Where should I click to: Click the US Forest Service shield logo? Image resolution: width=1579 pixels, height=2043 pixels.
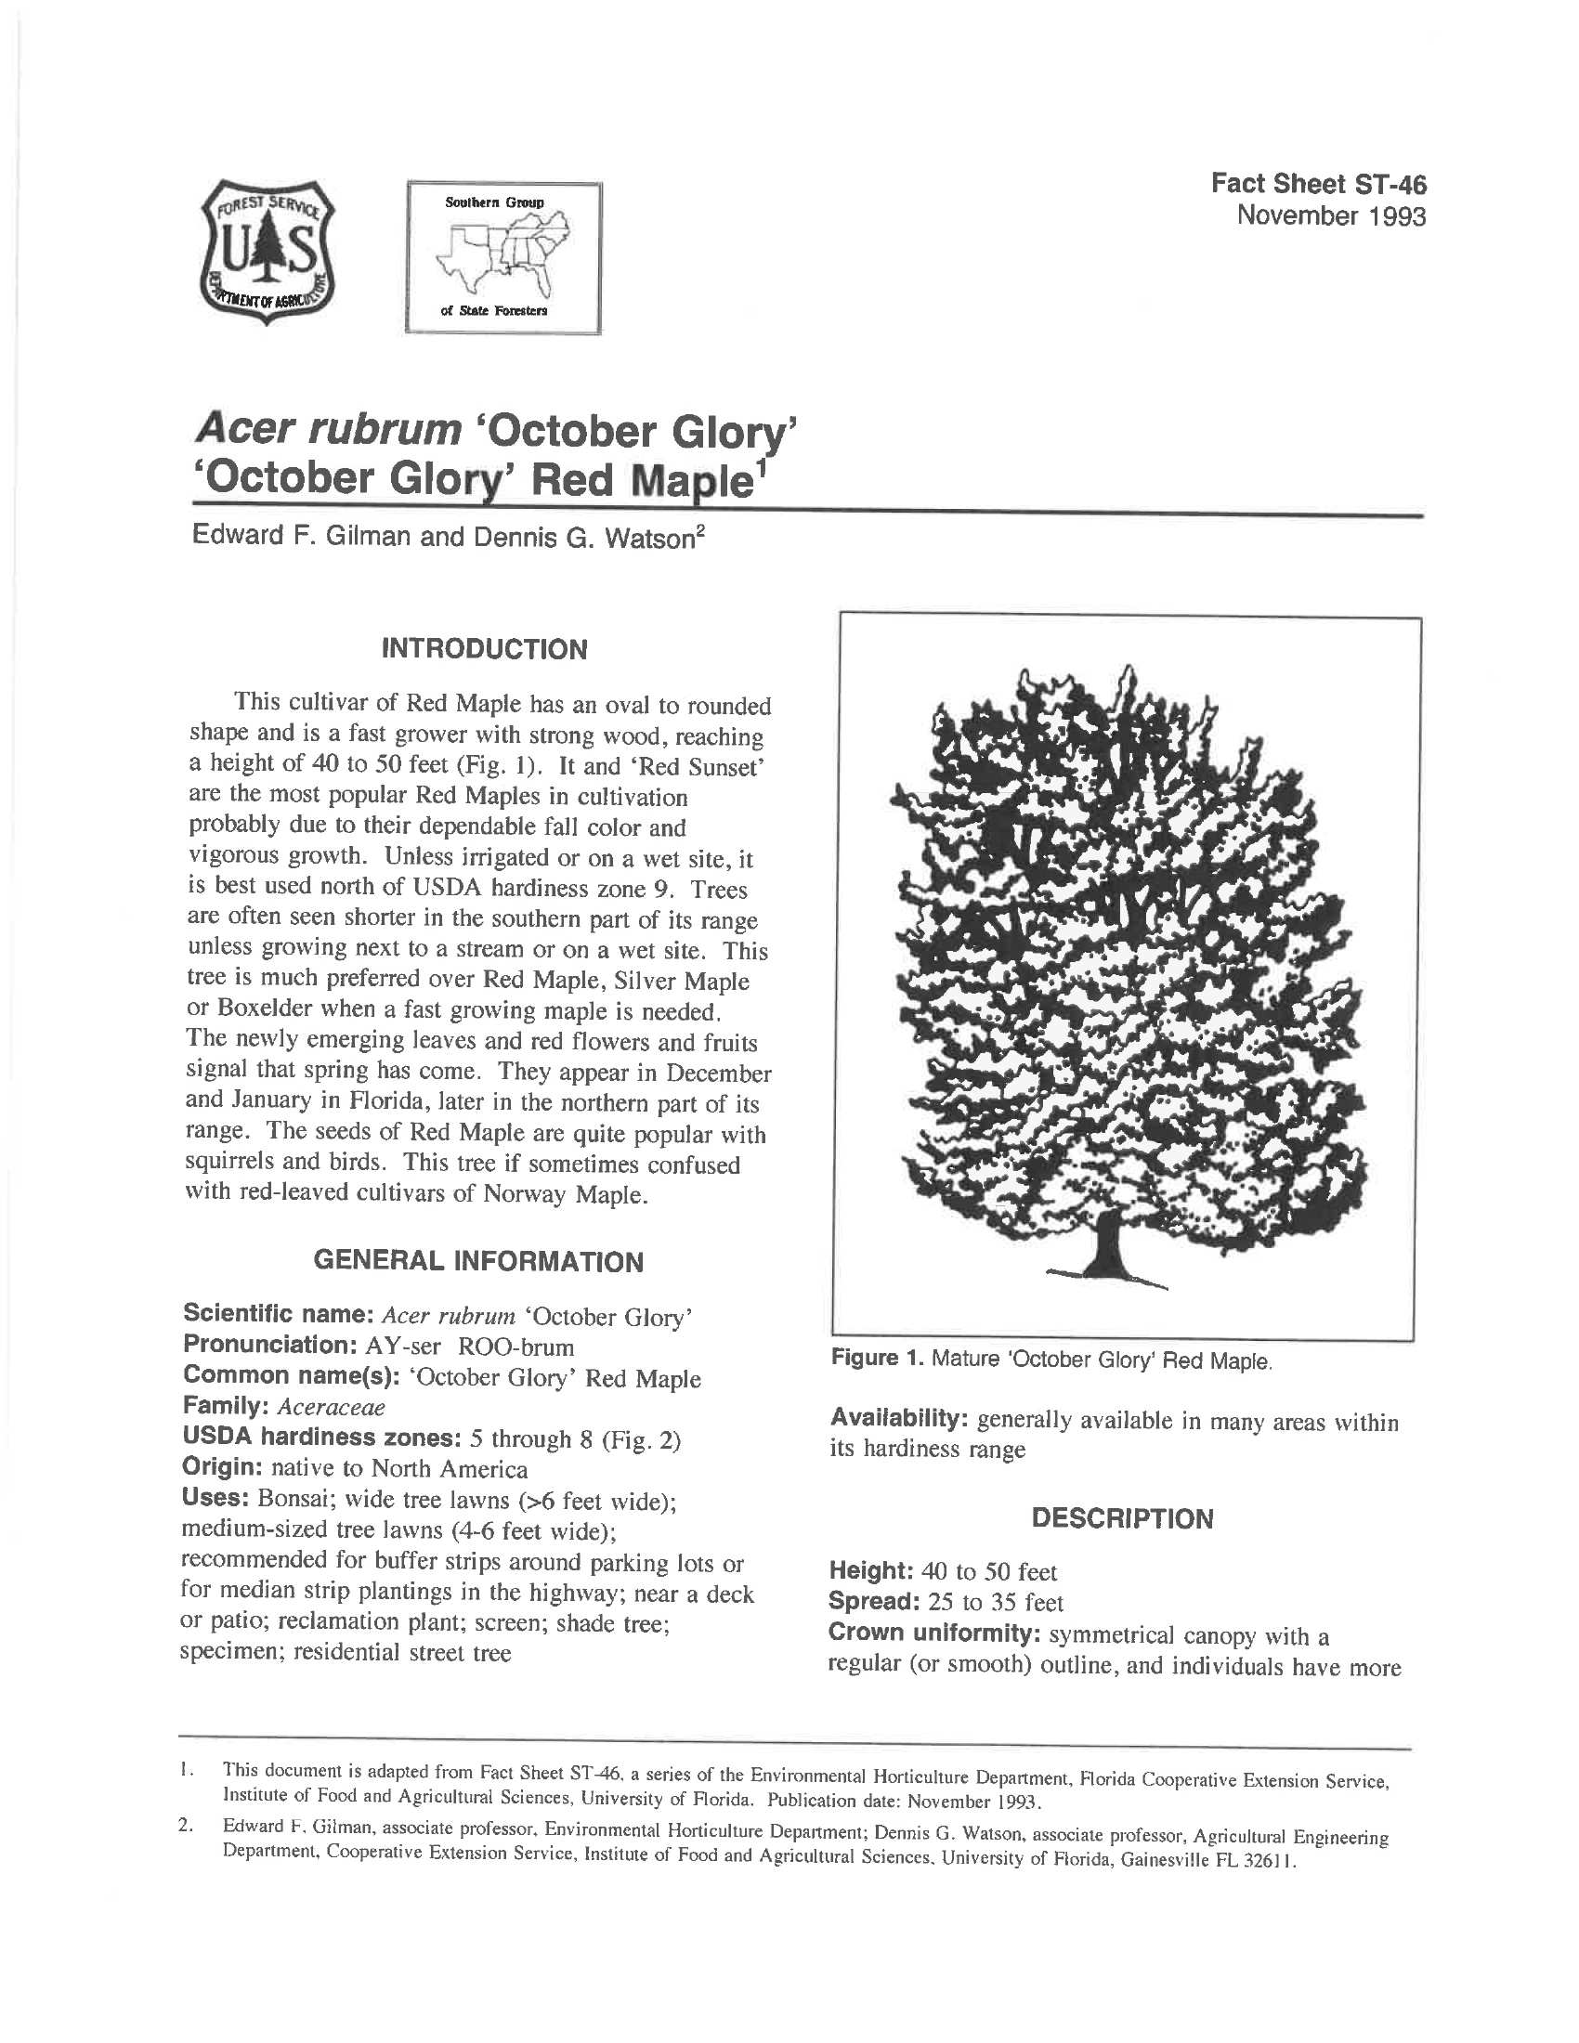(x=268, y=254)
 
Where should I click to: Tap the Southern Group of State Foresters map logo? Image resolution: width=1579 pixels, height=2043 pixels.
(x=503, y=258)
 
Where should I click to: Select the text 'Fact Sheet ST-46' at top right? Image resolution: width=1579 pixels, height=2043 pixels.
(x=1318, y=184)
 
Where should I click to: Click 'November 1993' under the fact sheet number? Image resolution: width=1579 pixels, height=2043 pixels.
(x=1331, y=217)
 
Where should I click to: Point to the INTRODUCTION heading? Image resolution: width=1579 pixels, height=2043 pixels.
(x=485, y=649)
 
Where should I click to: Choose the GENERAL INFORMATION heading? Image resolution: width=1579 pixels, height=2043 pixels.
(x=478, y=1262)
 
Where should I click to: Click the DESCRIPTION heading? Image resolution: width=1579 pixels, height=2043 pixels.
(x=1122, y=1518)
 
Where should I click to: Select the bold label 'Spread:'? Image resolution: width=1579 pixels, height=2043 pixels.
(x=875, y=1603)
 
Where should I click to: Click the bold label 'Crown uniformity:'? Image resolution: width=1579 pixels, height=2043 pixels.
(x=933, y=1633)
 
